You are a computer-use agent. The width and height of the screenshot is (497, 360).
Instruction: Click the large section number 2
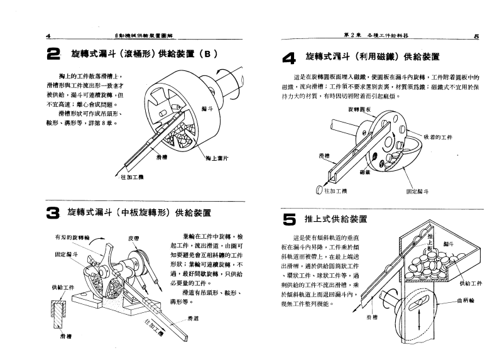(53, 55)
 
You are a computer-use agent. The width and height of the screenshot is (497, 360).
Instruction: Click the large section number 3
(53, 213)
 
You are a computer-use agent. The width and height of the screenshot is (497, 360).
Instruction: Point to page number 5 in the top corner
(476, 36)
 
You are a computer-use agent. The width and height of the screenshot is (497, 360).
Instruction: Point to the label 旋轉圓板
(359, 109)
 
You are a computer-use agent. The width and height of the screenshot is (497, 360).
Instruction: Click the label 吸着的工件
(440, 136)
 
